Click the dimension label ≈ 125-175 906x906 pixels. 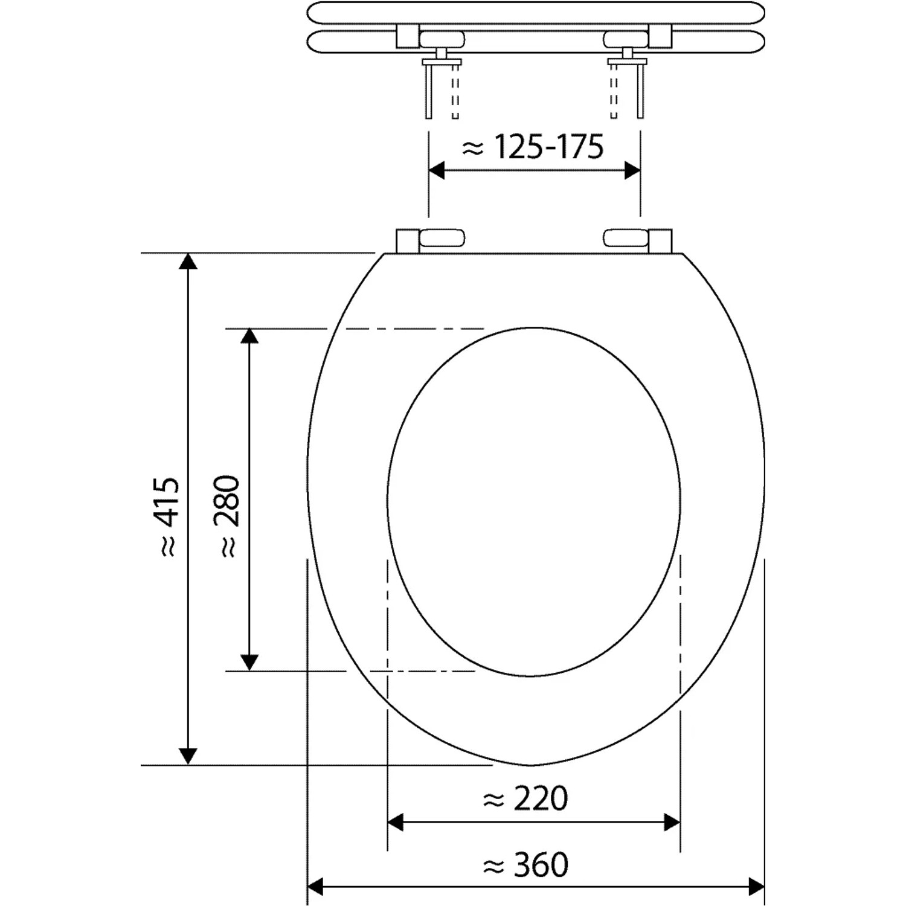533,147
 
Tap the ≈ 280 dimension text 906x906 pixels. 228,516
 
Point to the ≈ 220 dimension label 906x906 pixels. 525,799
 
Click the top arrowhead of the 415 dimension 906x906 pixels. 188,261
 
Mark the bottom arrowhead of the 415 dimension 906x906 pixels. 188,757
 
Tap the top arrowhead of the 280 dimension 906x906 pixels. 249,336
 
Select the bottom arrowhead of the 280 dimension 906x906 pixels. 249,663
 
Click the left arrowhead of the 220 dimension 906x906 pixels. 395,822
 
